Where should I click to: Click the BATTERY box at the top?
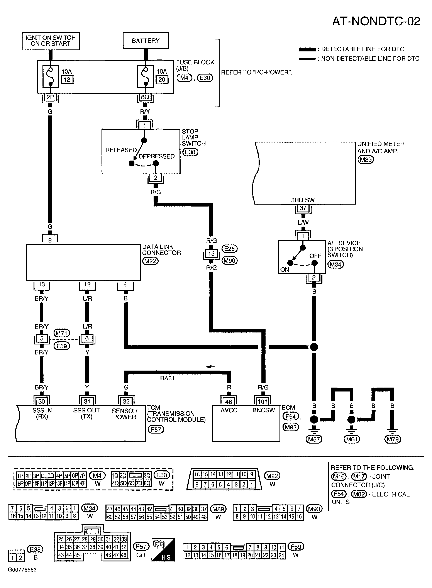tap(146, 41)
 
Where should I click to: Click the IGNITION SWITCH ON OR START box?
tap(51, 41)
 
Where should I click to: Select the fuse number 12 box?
tap(67, 80)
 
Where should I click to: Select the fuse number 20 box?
tap(162, 80)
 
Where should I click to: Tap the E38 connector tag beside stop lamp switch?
tap(190, 152)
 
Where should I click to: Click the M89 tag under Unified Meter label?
tap(366, 159)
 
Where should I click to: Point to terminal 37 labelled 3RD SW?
tap(303, 208)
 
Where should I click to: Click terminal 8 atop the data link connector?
tap(50, 240)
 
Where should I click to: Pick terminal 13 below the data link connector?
tap(42, 285)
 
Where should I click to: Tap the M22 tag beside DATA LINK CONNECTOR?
tap(150, 261)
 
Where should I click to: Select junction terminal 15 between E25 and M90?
tap(211, 254)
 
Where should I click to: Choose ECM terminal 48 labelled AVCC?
tap(229, 402)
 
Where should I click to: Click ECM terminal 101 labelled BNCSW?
tap(263, 402)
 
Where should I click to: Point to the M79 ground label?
tap(393, 439)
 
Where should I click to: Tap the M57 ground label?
tap(314, 439)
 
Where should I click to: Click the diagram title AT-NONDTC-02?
tap(376, 21)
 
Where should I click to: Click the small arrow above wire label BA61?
tap(210, 367)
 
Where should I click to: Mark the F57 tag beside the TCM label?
tap(156, 429)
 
